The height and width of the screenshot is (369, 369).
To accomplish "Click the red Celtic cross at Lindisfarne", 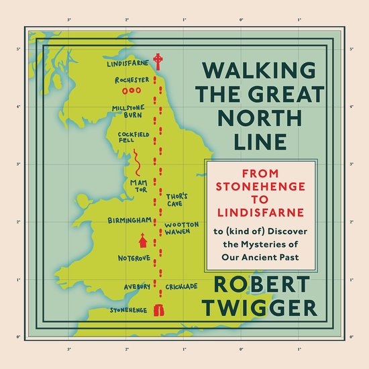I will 158,62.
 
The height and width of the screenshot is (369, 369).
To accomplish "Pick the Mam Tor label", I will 139,185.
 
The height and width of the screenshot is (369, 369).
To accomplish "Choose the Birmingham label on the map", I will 128,219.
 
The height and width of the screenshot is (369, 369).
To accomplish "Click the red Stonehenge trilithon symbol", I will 160,311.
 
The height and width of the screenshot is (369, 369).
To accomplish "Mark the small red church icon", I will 142,240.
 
